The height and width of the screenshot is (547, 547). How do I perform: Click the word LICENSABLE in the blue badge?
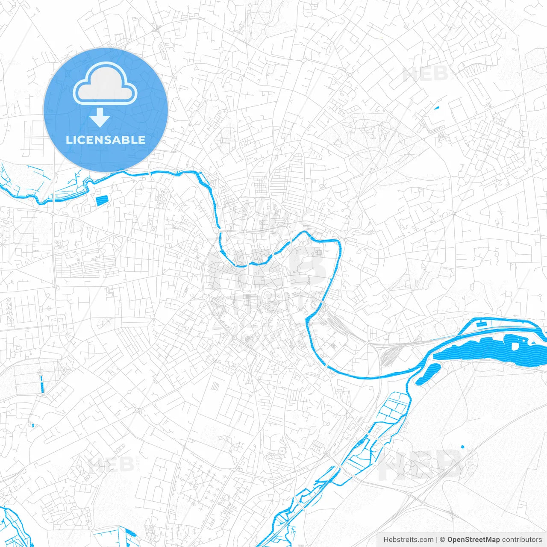click(x=106, y=140)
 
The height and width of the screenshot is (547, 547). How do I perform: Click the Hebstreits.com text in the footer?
click(x=408, y=540)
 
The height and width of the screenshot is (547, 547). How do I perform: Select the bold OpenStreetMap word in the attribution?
click(x=473, y=540)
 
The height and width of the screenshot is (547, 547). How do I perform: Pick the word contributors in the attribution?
click(x=522, y=540)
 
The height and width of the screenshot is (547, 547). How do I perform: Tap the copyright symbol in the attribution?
click(x=443, y=540)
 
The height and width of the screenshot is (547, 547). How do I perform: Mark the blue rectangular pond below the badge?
click(x=102, y=200)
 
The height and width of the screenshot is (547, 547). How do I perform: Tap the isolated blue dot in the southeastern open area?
click(x=462, y=447)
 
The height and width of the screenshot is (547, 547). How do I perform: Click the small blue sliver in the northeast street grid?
click(x=437, y=108)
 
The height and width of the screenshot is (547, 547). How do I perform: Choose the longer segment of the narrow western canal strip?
click(x=42, y=385)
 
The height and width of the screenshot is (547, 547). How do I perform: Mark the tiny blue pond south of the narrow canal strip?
click(x=32, y=425)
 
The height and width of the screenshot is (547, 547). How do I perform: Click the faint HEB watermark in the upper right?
click(x=425, y=74)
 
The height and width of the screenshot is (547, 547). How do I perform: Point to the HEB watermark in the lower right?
click(x=421, y=465)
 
